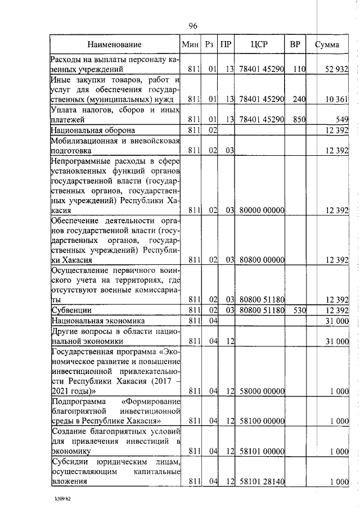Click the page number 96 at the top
point(193,26)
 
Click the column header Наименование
point(114,44)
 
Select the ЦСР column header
point(259,44)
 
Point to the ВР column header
point(295,44)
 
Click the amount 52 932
point(337,69)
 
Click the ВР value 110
point(298,69)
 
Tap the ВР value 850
point(298,120)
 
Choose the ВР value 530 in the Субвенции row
point(298,310)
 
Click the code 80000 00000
point(262,210)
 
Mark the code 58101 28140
point(262,482)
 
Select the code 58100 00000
point(262,421)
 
